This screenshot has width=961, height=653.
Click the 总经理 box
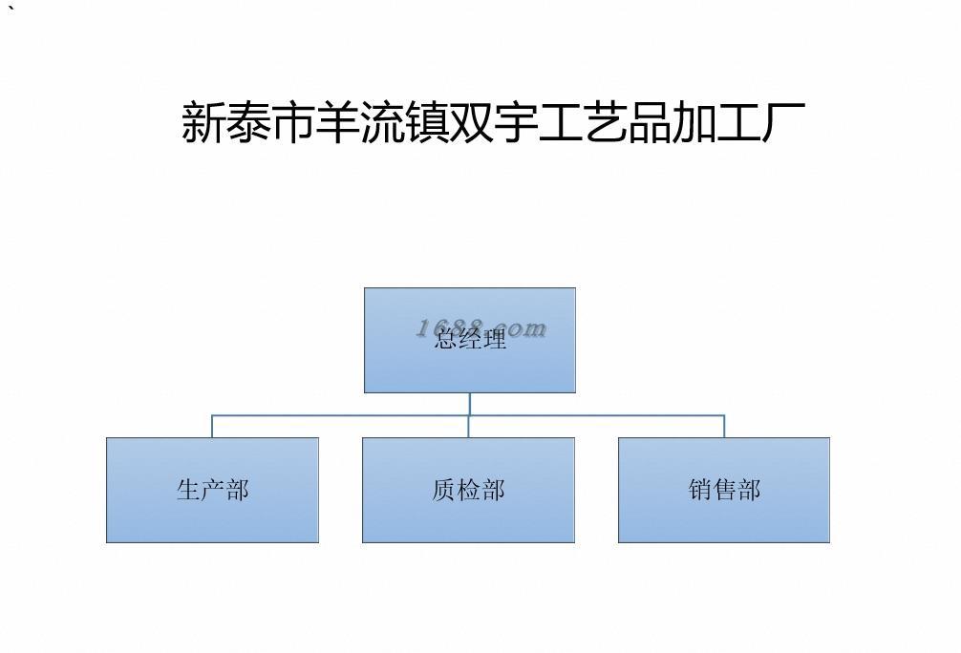(x=469, y=340)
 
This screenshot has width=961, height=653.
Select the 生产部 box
(x=212, y=490)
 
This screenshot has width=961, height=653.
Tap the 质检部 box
(x=468, y=490)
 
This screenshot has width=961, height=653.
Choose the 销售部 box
(x=724, y=490)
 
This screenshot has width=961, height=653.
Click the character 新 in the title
(x=203, y=122)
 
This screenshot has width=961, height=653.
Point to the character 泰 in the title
(x=247, y=122)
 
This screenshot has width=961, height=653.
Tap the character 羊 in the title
(x=337, y=122)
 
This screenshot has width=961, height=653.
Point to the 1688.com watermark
(x=481, y=328)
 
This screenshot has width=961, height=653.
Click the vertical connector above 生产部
(x=212, y=427)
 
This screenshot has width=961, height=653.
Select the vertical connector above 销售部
(x=724, y=427)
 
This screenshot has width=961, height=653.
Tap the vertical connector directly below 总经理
(x=469, y=404)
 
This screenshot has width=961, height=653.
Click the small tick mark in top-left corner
(x=12, y=9)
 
